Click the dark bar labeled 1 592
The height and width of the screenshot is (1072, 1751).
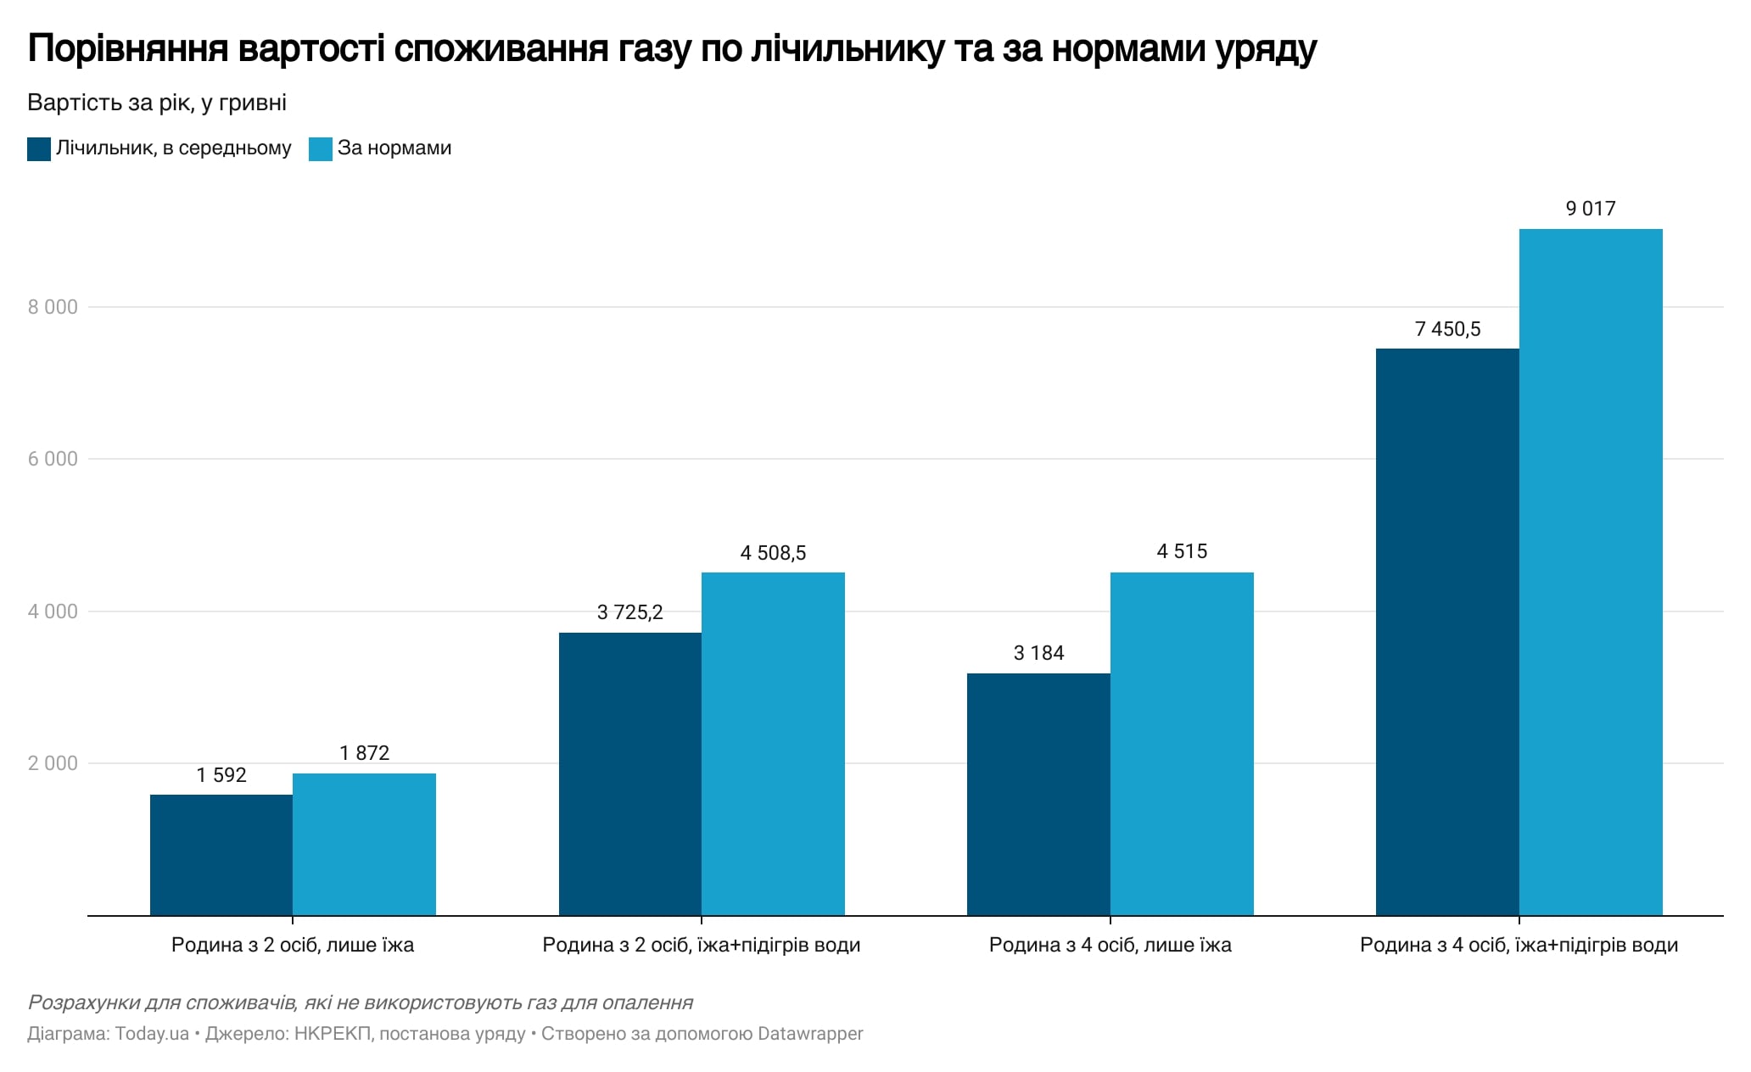coord(221,855)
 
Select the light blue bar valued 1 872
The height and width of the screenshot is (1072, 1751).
coord(364,844)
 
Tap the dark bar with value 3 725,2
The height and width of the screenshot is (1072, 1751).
coord(629,773)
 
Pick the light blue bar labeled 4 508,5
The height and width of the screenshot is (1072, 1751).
coord(773,744)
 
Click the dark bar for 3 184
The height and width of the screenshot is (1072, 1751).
coord(1038,794)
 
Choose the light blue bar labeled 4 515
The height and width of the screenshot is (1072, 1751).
coord(1182,744)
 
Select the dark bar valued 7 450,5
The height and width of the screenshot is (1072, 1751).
coord(1447,632)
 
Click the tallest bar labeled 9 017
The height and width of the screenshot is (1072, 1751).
coord(1591,572)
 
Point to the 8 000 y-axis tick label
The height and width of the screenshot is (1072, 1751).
coord(53,307)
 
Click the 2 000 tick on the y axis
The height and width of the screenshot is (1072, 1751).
coord(53,763)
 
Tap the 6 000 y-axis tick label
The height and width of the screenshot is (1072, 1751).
coord(53,459)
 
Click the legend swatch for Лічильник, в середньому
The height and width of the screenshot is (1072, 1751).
coord(39,149)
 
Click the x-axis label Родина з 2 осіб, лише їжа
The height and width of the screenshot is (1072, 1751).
coord(293,945)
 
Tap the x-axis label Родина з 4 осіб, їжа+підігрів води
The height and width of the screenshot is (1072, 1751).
coord(1519,945)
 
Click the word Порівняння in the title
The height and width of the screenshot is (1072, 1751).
coord(128,49)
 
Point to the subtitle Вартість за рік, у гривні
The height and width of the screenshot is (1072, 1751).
coord(157,103)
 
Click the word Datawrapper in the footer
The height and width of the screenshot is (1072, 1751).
coord(810,1034)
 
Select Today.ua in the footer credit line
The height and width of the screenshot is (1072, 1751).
coord(152,1034)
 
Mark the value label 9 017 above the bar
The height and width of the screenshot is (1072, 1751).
coord(1591,209)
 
